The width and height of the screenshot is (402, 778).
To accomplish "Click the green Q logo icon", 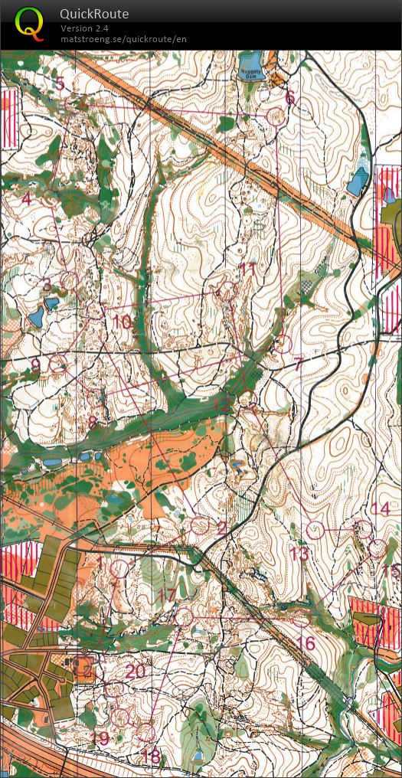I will pos(29,23).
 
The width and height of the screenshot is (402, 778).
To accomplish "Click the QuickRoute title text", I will pos(94,14).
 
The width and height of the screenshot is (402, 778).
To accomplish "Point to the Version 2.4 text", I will pos(84,28).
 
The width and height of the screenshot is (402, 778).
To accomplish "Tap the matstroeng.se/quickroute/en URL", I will pos(123,39).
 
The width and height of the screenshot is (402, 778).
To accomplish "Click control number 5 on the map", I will pos(60,83).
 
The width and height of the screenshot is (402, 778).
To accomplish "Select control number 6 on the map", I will pos(289,98).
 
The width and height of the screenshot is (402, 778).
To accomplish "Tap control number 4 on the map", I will pos(27,199).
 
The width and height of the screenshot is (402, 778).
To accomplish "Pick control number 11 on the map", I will pos(247,270).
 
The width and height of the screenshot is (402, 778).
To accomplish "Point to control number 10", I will pos(122,322).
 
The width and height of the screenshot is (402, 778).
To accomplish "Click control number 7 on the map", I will pos(299,364).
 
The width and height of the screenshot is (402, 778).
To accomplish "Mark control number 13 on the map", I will pos(299,553).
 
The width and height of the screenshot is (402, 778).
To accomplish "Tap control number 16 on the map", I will pos(306,643).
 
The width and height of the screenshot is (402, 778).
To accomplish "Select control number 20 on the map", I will pos(136,672).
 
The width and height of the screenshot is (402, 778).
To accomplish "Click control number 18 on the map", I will pos(152,757).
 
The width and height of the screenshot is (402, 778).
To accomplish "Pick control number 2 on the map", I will pos(222,528).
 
